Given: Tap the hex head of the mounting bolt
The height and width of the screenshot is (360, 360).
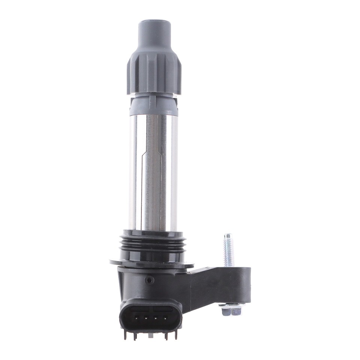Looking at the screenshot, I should pos(231,311).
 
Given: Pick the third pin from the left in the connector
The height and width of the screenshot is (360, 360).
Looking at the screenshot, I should pos(156,318).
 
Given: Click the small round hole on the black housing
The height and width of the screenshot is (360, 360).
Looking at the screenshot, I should pos(150,280).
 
